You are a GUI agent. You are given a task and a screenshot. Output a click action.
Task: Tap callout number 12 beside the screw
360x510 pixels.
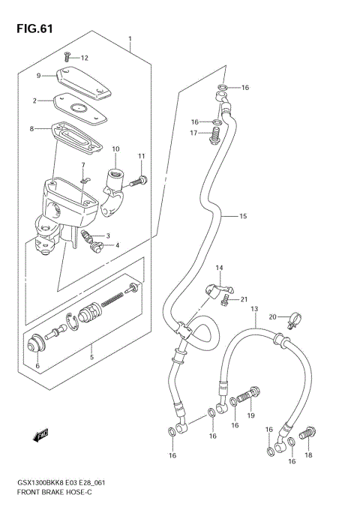[x=84, y=58]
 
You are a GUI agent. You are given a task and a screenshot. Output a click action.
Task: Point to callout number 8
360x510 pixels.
[x=31, y=129]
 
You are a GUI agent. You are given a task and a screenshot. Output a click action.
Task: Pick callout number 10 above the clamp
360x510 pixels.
[x=115, y=149]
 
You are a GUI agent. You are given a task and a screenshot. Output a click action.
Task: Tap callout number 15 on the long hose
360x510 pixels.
[x=242, y=217]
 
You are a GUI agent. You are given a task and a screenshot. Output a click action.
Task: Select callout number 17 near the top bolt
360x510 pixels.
[x=193, y=133]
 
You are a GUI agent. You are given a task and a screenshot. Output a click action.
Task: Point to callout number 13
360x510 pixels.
[x=253, y=309]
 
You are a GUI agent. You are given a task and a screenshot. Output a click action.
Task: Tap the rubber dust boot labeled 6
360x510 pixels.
[x=33, y=344]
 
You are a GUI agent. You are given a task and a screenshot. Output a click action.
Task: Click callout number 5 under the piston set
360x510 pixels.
[x=92, y=346]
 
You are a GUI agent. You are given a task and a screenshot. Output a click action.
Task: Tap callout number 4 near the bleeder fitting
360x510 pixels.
[x=116, y=245]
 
